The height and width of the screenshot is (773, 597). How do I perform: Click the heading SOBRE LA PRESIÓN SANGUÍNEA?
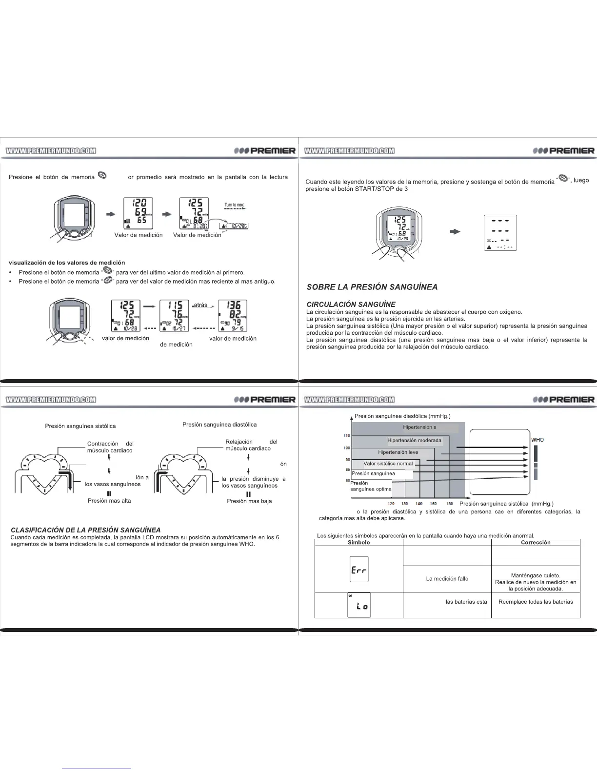pos(372,287)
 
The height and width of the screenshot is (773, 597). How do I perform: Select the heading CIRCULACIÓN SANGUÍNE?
pos(351,305)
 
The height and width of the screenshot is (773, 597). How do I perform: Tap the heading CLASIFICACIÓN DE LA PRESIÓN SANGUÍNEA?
pos(85,530)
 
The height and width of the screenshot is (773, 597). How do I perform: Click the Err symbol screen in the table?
pos(359,569)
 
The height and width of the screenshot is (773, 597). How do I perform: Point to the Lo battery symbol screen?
pos(359,605)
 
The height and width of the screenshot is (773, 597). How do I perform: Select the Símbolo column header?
pos(358,542)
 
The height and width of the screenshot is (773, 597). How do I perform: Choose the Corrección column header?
pos(536,542)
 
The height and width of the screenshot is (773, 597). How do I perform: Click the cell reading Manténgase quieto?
pos(535,575)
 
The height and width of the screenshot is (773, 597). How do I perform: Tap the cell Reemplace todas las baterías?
pos(536,602)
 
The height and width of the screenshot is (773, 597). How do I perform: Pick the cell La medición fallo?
pos(447,579)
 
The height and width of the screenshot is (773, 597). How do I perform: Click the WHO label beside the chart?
pos(537,440)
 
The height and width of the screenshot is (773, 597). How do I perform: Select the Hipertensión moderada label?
pos(414,441)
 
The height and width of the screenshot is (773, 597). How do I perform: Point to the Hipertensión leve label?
pos(398,452)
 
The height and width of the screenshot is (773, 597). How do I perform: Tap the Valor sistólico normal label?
pos(388,464)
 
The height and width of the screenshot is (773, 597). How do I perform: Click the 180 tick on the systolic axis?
pos(450,503)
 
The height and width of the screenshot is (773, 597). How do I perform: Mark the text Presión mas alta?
pos(109,501)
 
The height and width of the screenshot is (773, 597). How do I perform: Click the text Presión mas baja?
pos(249,501)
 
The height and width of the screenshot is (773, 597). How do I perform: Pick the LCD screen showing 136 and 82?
pos(232,316)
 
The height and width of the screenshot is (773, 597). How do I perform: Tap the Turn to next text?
pos(235,204)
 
